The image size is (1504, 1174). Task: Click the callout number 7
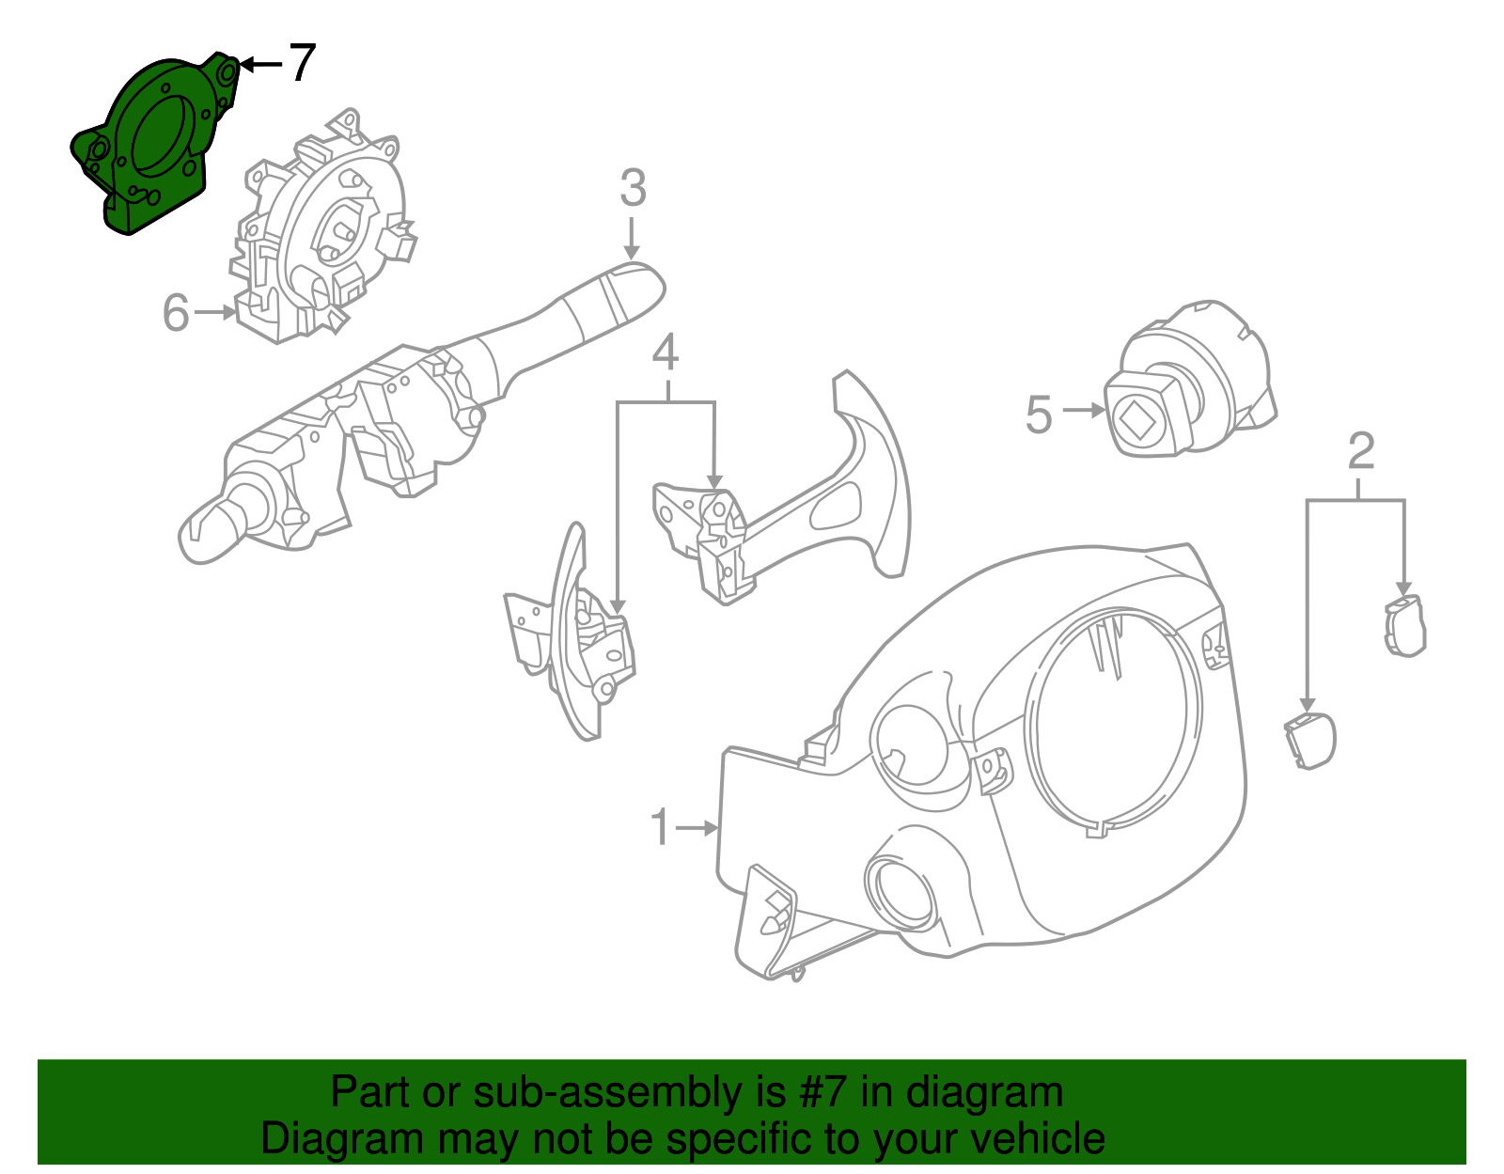pos(300,63)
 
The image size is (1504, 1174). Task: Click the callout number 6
pos(176,313)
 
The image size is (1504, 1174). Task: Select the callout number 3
pos(633,189)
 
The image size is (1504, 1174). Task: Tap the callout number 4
pos(665,352)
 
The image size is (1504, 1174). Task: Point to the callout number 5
pos(1039,415)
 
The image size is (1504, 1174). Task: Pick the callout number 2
pos(1360,451)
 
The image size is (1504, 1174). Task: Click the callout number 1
pos(661,827)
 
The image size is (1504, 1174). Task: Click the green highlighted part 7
pos(155,141)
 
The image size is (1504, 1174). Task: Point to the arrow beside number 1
pos(697,828)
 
